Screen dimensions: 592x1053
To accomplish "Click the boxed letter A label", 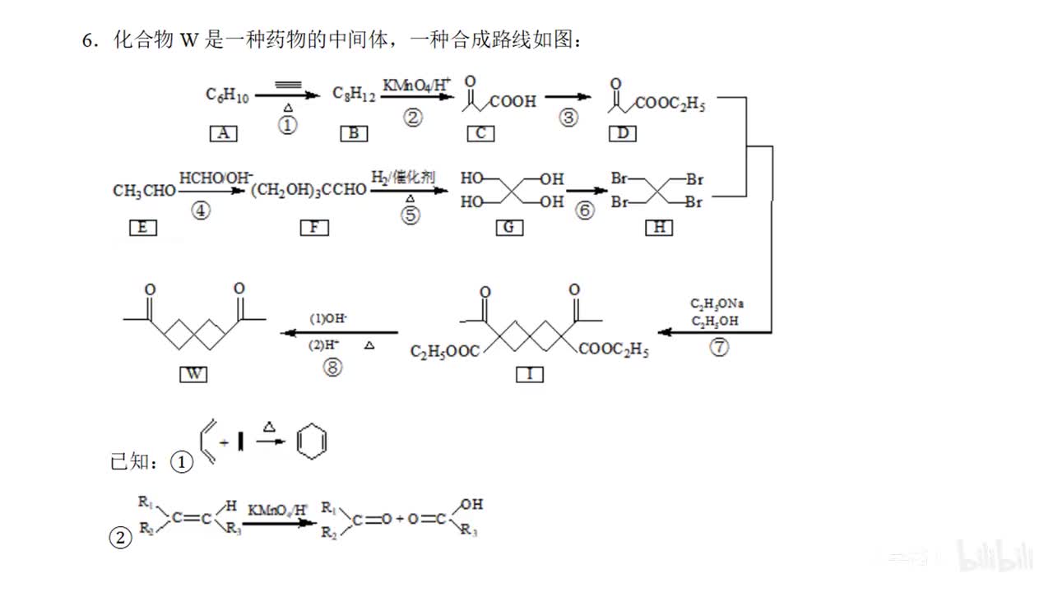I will click(x=223, y=132).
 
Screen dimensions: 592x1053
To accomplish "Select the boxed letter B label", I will click(x=354, y=132).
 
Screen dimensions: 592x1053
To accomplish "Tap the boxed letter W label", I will click(x=193, y=374).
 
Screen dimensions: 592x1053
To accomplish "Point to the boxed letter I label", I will click(x=530, y=374).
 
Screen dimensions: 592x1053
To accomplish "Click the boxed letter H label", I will click(x=658, y=228).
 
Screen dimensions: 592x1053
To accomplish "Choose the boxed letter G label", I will click(x=509, y=228).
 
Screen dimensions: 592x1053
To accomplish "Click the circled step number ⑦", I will click(x=719, y=347).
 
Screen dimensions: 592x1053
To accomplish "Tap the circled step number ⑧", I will click(x=332, y=368).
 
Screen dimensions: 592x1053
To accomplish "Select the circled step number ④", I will click(x=201, y=210).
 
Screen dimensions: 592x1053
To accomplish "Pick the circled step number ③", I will click(x=568, y=118).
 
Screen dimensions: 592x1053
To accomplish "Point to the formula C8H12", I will click(x=355, y=96).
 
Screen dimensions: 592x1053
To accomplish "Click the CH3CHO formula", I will click(x=144, y=191).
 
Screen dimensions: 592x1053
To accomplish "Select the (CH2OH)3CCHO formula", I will click(x=308, y=191).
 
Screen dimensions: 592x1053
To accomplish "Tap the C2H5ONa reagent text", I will click(x=717, y=303).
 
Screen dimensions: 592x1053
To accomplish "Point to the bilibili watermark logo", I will click(x=995, y=556).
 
